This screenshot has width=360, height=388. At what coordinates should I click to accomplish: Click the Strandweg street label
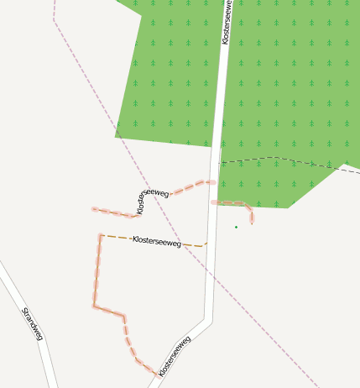[x=32, y=324]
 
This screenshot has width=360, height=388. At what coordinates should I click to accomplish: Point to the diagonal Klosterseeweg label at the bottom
[x=175, y=355]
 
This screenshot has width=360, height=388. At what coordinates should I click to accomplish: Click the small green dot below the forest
[x=236, y=227]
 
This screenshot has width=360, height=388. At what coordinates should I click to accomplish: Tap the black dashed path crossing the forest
[x=277, y=157]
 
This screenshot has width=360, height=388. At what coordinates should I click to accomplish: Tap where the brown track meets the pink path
[x=101, y=235]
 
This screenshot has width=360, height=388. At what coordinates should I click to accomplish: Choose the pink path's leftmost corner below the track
[x=94, y=306]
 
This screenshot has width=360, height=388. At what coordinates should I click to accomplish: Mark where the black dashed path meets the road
[x=219, y=162]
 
